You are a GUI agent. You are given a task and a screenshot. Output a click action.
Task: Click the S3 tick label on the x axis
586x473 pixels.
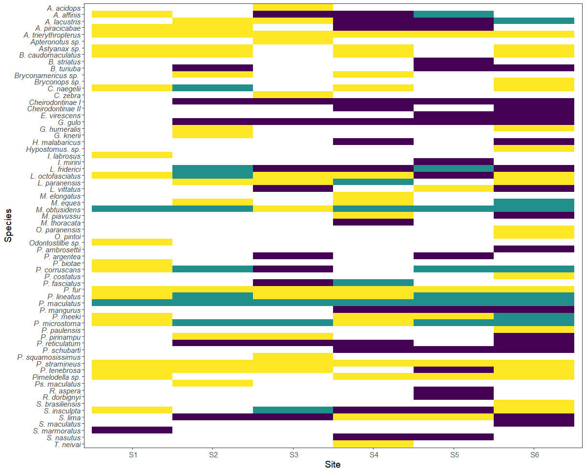tap(293, 455)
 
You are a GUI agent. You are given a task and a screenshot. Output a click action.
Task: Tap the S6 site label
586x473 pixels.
tap(534, 455)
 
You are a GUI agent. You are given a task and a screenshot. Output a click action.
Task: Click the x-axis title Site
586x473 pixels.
tap(333, 465)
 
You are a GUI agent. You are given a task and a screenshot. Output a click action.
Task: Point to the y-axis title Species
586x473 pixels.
tap(8, 226)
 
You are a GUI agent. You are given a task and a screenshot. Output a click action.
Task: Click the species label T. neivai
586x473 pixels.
tap(68, 444)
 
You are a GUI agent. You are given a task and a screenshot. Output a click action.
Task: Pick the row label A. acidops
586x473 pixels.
tap(64, 8)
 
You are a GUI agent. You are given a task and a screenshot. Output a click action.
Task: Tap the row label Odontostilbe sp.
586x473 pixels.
tap(55, 243)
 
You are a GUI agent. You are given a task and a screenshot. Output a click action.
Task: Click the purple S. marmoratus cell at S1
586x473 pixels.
tap(132, 430)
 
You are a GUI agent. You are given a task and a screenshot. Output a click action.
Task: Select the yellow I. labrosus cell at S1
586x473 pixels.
tap(132, 155)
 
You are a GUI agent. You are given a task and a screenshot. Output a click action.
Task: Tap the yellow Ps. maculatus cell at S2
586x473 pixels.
tap(212, 383)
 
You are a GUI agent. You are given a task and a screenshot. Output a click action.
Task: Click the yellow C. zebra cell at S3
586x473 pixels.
tap(293, 95)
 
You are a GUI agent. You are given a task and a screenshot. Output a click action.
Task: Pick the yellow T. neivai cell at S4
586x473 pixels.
tap(374, 444)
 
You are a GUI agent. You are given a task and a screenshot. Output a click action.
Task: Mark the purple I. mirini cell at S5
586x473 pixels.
tap(454, 162)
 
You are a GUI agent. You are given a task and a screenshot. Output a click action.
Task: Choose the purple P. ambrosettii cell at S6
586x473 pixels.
tap(534, 249)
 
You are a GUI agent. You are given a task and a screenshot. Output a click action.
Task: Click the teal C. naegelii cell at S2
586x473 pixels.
tap(212, 88)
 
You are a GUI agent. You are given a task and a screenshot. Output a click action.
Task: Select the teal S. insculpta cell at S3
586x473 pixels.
tap(293, 410)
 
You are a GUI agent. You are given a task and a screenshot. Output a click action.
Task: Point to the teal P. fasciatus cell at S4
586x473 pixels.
tap(374, 283)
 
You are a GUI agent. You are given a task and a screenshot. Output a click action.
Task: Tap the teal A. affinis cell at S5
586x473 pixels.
tap(454, 14)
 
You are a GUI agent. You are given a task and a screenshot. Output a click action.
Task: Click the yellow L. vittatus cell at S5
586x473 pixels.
tap(454, 189)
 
